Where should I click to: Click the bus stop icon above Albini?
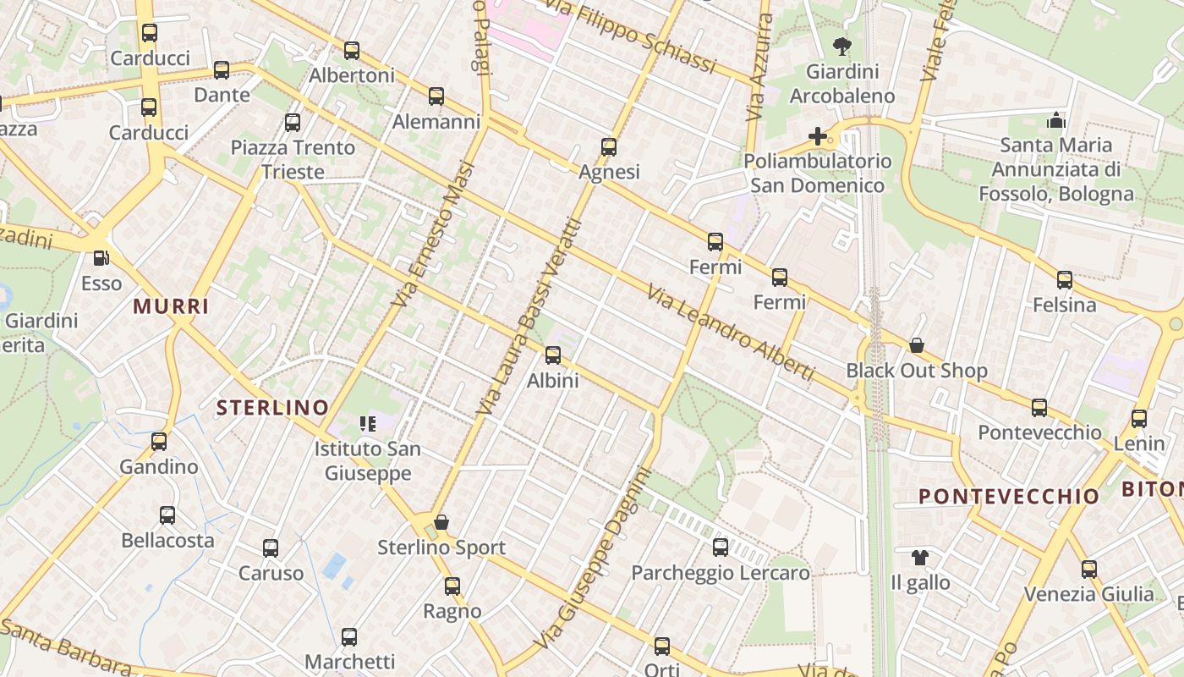tap(553, 355)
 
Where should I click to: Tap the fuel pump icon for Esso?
tap(101, 257)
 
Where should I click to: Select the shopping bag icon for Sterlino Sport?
tap(441, 522)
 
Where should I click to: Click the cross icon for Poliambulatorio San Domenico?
tap(818, 135)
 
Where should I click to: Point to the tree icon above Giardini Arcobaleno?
tap(841, 46)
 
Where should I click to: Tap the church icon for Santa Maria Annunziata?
tap(1055, 120)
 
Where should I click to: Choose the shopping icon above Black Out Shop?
tap(917, 345)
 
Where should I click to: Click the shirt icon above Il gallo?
tap(920, 558)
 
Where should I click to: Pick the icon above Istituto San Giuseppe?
tap(368, 423)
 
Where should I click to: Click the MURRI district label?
tap(171, 306)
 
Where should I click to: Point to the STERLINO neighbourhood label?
tap(272, 407)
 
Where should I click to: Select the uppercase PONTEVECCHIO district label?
tap(1009, 496)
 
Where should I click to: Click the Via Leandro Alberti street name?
tap(731, 333)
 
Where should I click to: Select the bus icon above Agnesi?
tap(609, 147)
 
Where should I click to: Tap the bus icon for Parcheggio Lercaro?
tap(721, 548)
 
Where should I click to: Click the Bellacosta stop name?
tap(167, 540)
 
